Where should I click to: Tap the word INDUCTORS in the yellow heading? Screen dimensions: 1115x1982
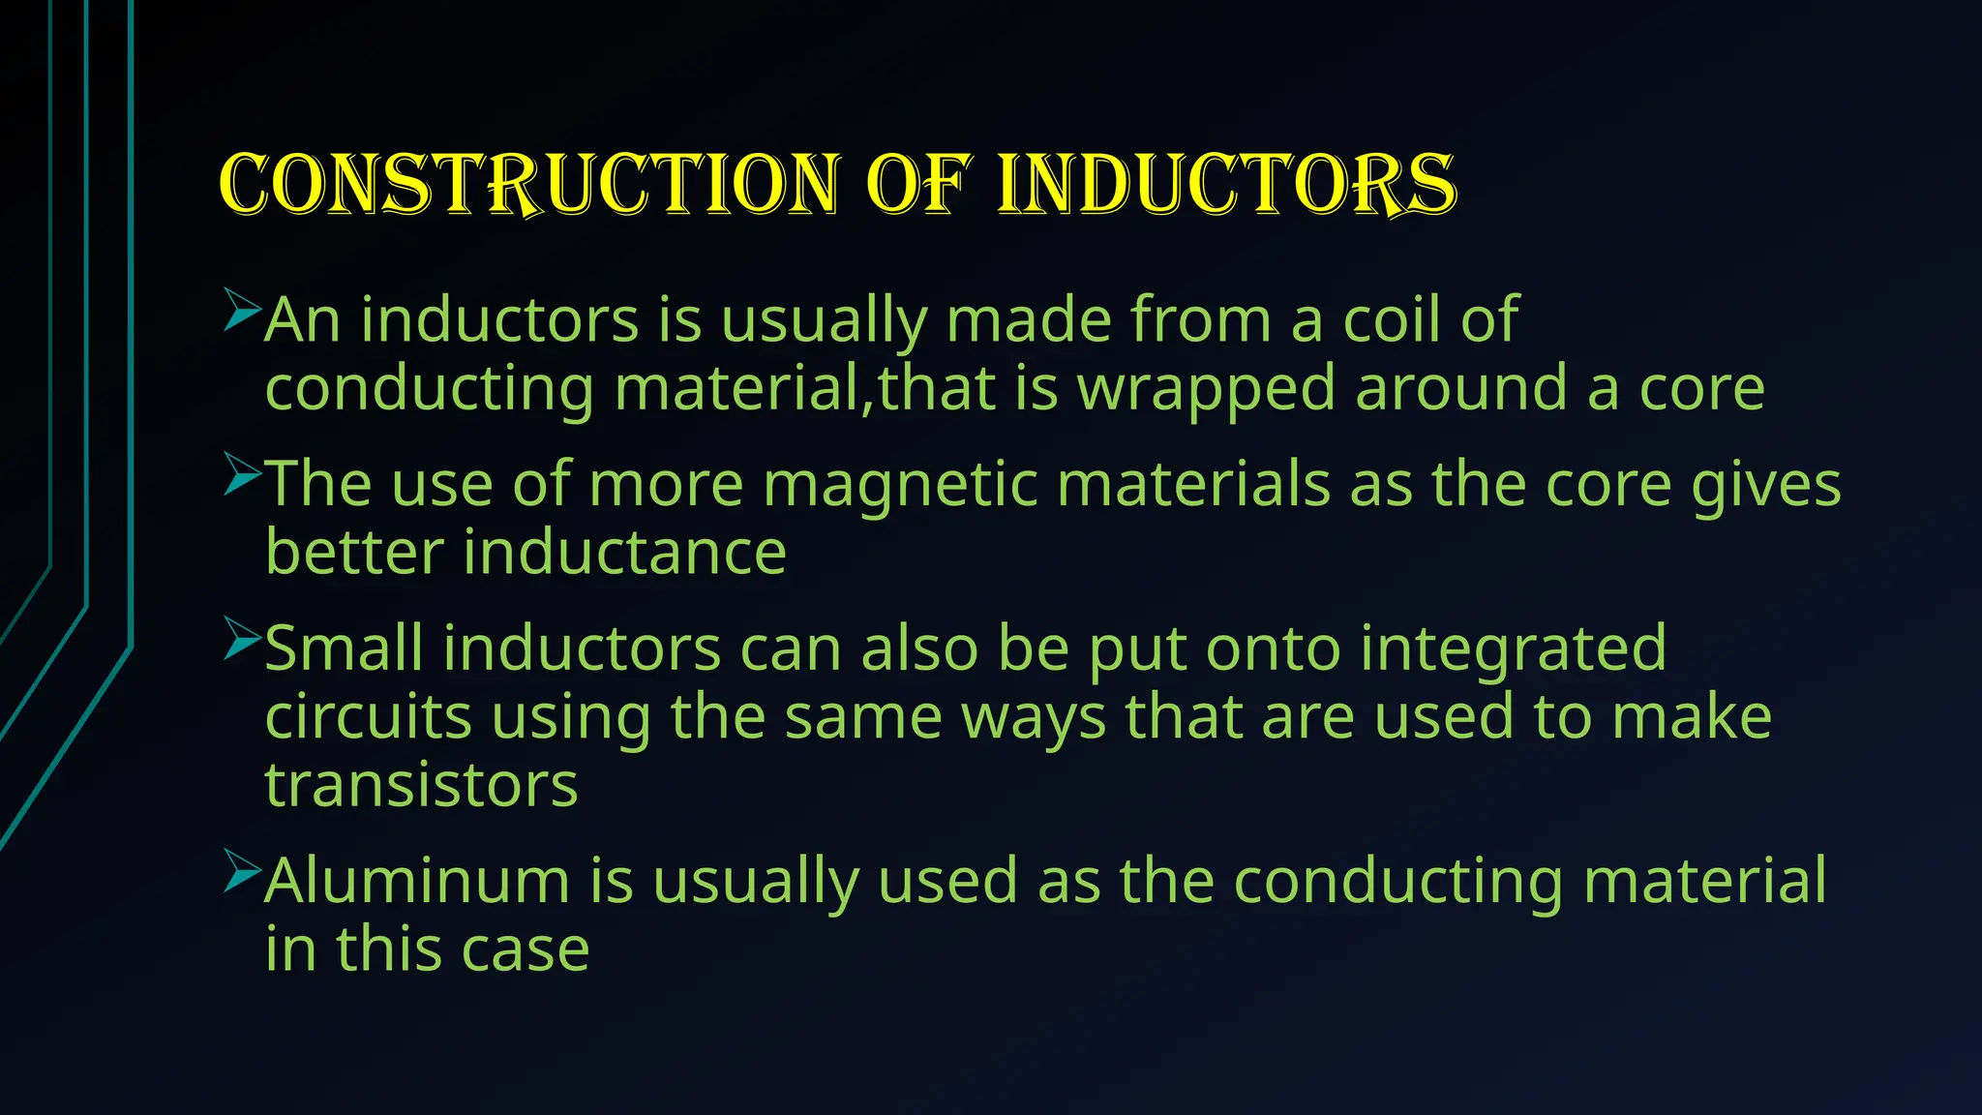(1226, 184)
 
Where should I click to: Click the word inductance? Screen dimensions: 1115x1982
(624, 553)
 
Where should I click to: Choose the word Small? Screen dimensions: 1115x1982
(344, 648)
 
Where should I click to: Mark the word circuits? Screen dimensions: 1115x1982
(368, 717)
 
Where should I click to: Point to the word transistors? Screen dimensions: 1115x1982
(421, 785)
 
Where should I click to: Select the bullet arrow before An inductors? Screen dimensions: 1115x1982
(241, 310)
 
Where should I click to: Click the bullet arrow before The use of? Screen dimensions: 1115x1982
(241, 474)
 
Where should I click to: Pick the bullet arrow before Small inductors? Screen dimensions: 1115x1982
(241, 638)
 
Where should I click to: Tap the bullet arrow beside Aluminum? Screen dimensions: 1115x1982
(241, 870)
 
